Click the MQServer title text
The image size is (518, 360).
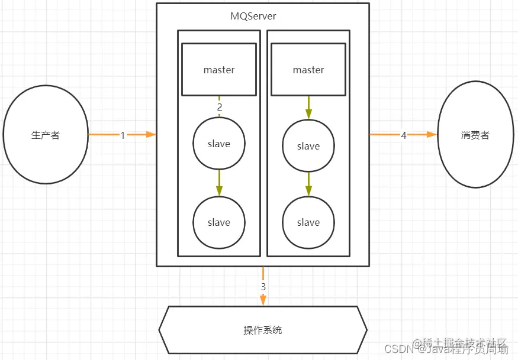point(253,16)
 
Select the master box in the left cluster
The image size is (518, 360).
point(218,70)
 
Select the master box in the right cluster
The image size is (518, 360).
point(308,70)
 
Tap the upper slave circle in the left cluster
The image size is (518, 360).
point(218,144)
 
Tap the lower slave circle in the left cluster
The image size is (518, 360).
point(218,222)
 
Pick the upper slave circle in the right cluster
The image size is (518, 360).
point(308,146)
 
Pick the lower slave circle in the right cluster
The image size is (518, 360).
point(308,222)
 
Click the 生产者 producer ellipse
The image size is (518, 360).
point(46,135)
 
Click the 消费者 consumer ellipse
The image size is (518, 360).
point(475,135)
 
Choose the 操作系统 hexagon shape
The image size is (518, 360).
point(263,330)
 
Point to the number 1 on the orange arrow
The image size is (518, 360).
point(123,135)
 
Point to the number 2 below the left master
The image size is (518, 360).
point(219,107)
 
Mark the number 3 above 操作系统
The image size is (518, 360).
point(263,287)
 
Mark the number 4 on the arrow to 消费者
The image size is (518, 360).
point(404,135)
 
